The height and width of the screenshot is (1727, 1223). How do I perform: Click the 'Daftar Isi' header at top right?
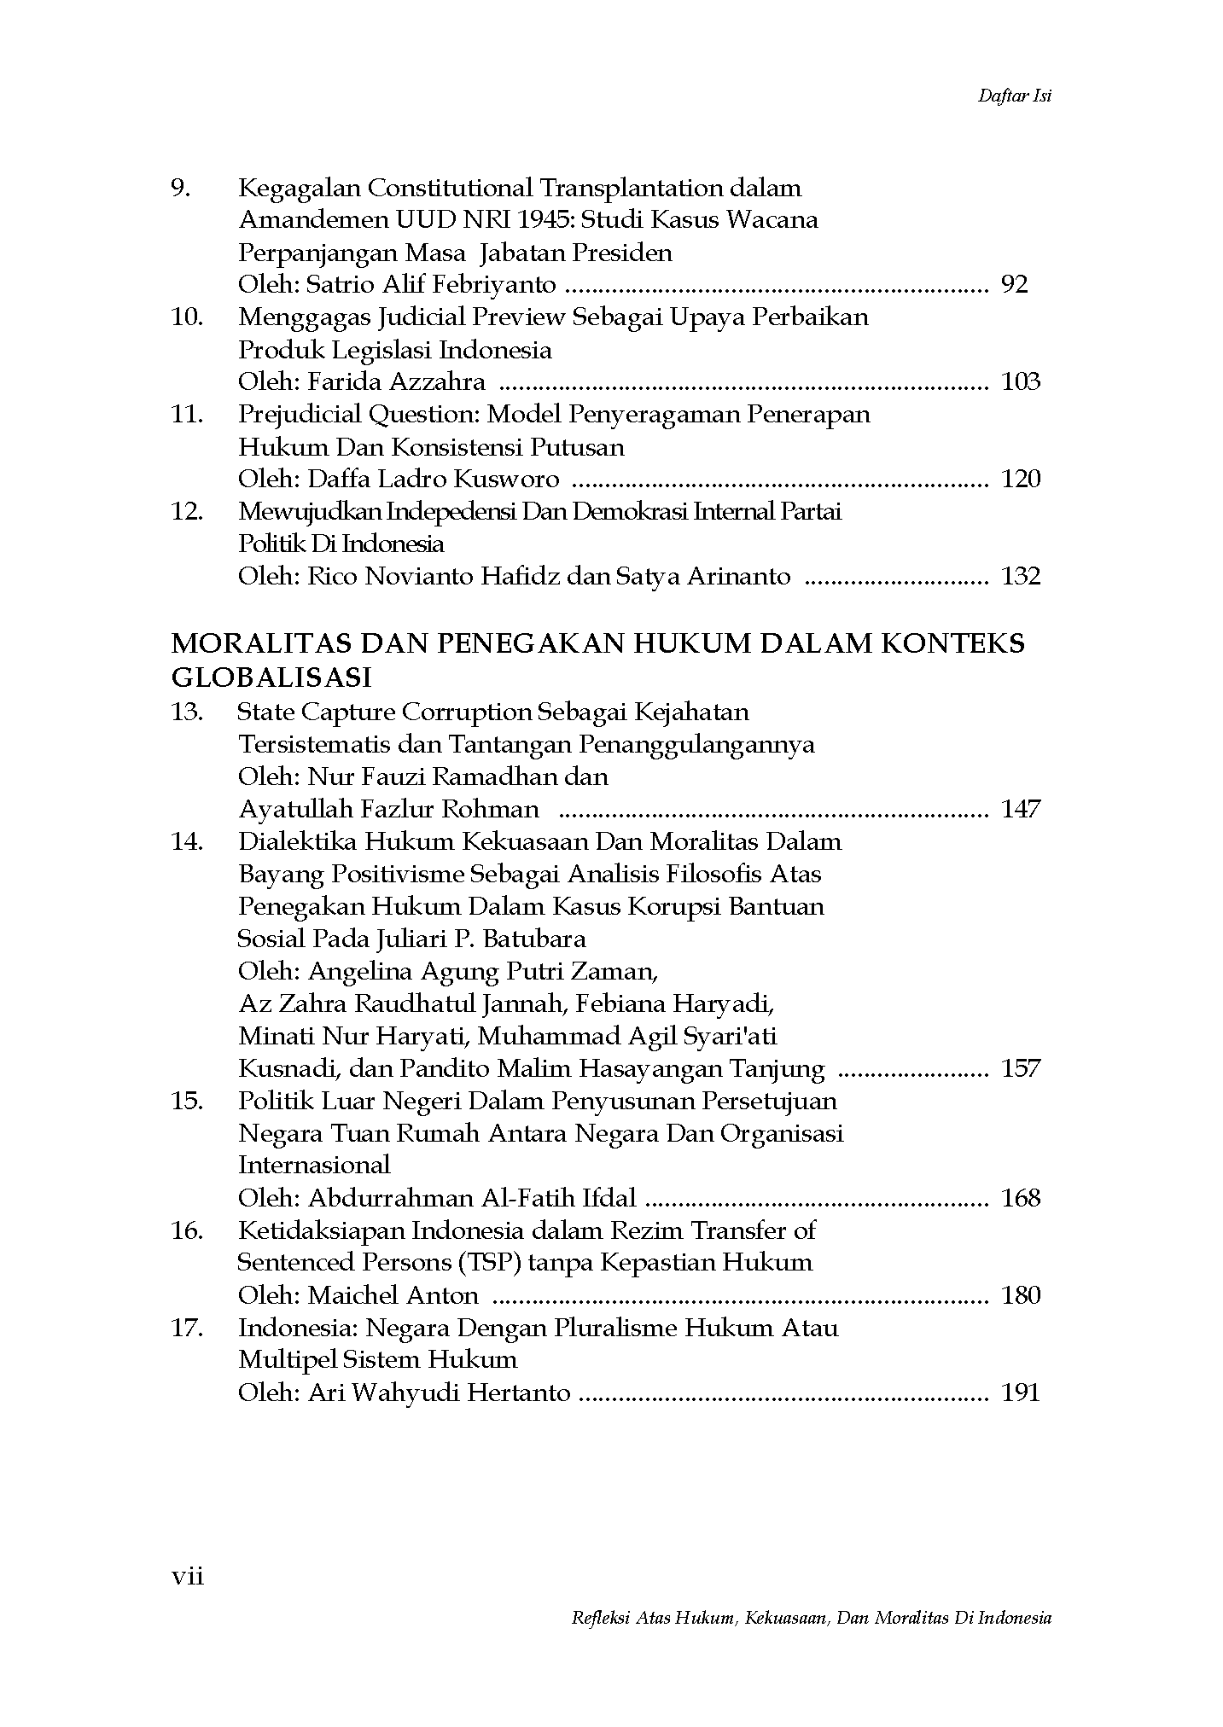1014,96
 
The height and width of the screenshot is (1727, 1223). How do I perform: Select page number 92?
1014,285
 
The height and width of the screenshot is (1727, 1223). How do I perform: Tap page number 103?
1020,382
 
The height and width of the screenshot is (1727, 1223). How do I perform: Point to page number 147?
1020,809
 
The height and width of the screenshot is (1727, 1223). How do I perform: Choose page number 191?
1020,1393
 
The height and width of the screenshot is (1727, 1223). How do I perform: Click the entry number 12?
187,512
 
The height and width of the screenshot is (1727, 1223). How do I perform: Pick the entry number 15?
187,1101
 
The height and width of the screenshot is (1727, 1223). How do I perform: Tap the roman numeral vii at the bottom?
188,1577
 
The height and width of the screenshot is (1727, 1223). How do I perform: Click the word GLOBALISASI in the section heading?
271,677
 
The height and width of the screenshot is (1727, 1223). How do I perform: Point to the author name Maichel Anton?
393,1296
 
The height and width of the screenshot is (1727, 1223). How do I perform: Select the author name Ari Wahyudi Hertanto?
439,1393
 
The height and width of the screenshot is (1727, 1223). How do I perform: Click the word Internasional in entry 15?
314,1166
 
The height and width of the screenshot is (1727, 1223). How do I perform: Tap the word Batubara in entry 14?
534,939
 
